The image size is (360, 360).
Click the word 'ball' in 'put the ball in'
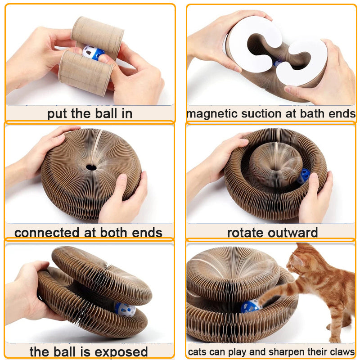click(104, 113)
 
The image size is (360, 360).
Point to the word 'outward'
click(293, 233)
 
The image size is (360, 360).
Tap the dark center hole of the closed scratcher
click(91, 167)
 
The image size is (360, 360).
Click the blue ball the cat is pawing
click(250, 306)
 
